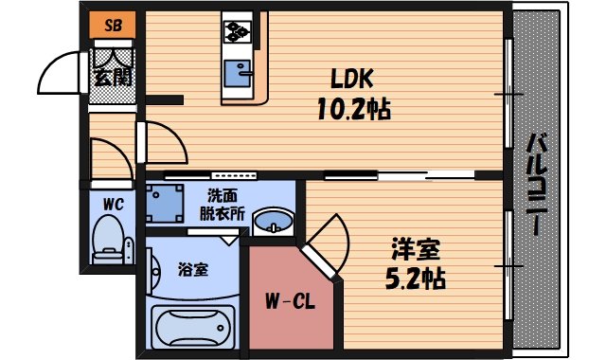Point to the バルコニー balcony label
(536, 186)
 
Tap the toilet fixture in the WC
(110, 239)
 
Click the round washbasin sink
(273, 220)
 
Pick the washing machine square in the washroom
(168, 203)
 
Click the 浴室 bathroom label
(192, 269)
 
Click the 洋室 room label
(417, 251)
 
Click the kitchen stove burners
(236, 31)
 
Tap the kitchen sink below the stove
(236, 72)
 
